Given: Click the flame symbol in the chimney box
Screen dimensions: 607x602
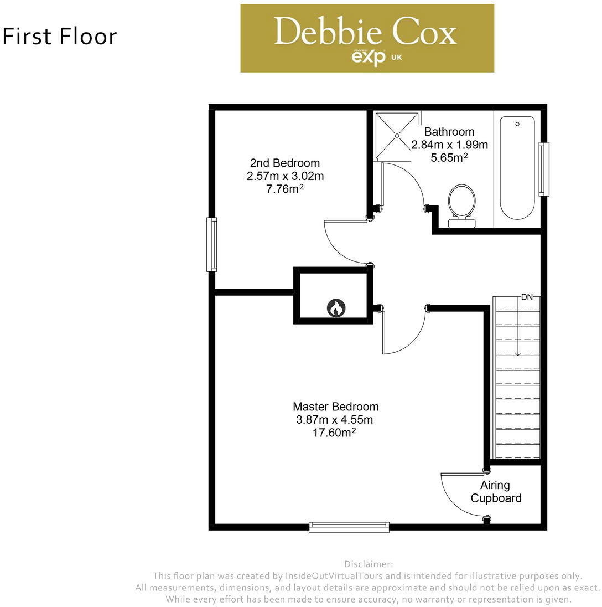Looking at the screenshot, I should tap(336, 307).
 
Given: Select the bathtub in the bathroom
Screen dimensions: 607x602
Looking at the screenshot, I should tap(517, 167).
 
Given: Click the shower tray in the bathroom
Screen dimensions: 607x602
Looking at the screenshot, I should tap(397, 135).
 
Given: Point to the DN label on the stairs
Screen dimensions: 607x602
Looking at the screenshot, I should tap(527, 297).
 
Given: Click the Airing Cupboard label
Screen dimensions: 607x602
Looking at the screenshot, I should tap(495, 492).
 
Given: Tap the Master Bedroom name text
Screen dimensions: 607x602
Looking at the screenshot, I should tap(336, 407).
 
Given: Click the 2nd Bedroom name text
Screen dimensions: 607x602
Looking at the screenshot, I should tap(285, 163).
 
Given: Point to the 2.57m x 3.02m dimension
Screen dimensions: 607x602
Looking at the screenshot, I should tap(285, 176).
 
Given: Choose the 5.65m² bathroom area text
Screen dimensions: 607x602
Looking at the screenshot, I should tap(449, 158).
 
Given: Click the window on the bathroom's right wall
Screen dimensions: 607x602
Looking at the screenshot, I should tap(544, 168).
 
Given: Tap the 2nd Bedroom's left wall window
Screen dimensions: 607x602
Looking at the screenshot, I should tap(211, 244).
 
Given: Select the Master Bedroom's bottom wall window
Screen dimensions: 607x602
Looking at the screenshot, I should tap(349, 527).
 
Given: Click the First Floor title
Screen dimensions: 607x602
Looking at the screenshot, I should tap(60, 37).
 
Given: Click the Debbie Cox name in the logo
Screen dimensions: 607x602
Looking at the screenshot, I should tap(365, 32).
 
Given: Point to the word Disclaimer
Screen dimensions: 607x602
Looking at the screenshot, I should tap(369, 564).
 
